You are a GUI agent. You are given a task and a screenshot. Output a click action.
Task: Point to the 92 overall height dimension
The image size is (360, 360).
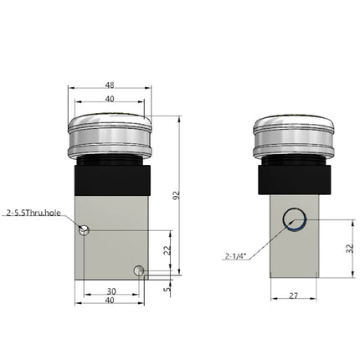coord(177,195)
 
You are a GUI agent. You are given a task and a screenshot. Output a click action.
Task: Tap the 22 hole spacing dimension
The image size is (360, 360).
coord(167,249)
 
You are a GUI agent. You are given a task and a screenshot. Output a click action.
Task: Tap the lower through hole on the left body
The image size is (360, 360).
coord(139,270)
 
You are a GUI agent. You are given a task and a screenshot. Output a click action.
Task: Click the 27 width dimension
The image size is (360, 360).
coord(294,296)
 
